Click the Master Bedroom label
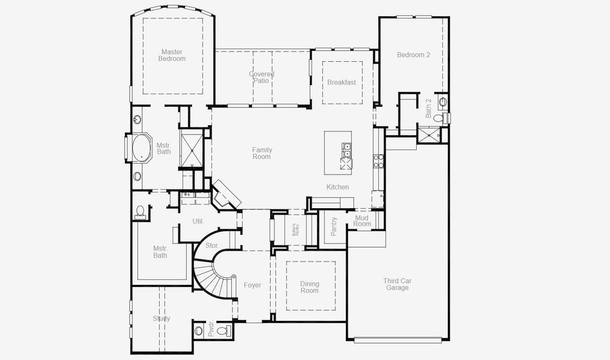pos(172,55)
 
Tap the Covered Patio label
pos(262,77)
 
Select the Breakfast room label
pos(341,82)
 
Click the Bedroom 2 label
pos(413,55)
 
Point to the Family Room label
pos(261,154)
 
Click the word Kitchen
pos(337,187)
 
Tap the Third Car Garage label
pos(397,284)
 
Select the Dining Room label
pos(310,287)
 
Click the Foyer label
pos(252,285)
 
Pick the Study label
pos(161,319)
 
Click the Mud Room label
pos(362,221)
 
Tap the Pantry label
pos(334,226)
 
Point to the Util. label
pos(198,221)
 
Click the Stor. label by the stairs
pos(212,245)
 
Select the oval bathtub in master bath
pos(142,148)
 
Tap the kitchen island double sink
pos(347,149)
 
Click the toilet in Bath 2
pos(443,102)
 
